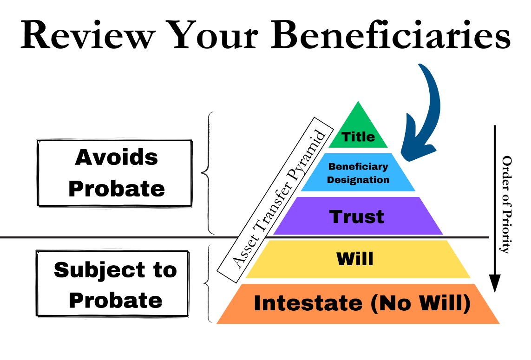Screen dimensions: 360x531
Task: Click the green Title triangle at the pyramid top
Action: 358,132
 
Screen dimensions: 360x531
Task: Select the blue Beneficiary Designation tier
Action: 358,173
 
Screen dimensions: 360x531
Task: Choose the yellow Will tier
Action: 356,259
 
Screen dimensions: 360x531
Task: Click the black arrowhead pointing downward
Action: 495,284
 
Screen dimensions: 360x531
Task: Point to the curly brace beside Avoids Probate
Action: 207,173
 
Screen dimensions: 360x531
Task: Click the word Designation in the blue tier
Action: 358,180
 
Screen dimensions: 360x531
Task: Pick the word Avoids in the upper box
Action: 116,158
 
